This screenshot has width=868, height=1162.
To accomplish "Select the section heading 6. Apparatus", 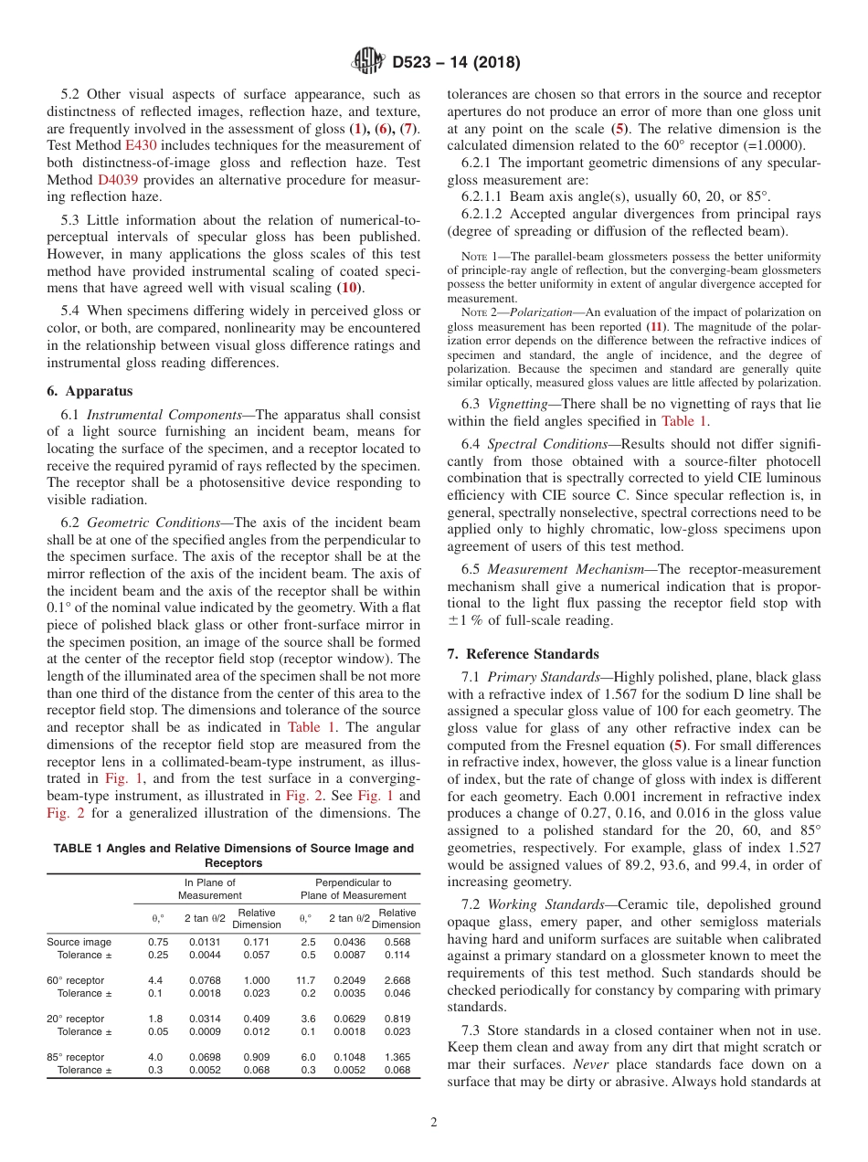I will point(90,391).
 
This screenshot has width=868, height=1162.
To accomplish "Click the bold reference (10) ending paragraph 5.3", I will point(348,288).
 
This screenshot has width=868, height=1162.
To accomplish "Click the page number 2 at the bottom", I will point(434,1123).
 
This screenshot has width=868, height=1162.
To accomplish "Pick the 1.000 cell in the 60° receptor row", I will point(256,980).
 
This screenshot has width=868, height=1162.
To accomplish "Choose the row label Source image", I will point(79,942).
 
